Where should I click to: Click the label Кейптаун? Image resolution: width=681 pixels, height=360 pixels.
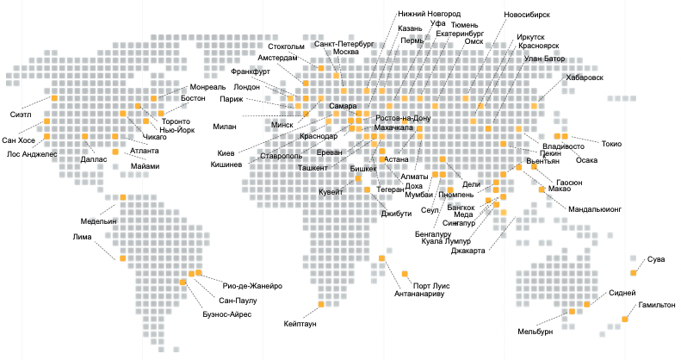point(300,325)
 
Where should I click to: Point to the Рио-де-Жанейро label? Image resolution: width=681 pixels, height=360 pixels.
point(252,286)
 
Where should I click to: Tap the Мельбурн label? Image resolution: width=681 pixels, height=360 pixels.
point(535,332)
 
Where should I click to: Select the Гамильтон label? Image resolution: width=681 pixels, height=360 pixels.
point(656,306)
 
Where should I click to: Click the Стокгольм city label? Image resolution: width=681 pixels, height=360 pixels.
point(287,47)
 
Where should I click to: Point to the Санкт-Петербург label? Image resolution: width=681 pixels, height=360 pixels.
point(344,42)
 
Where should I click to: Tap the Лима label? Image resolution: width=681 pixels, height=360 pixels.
point(83,237)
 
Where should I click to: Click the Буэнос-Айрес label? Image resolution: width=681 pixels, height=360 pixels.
point(228,314)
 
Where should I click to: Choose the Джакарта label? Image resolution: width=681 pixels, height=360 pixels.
point(468,251)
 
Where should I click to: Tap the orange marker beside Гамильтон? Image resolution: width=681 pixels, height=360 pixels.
point(625,320)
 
